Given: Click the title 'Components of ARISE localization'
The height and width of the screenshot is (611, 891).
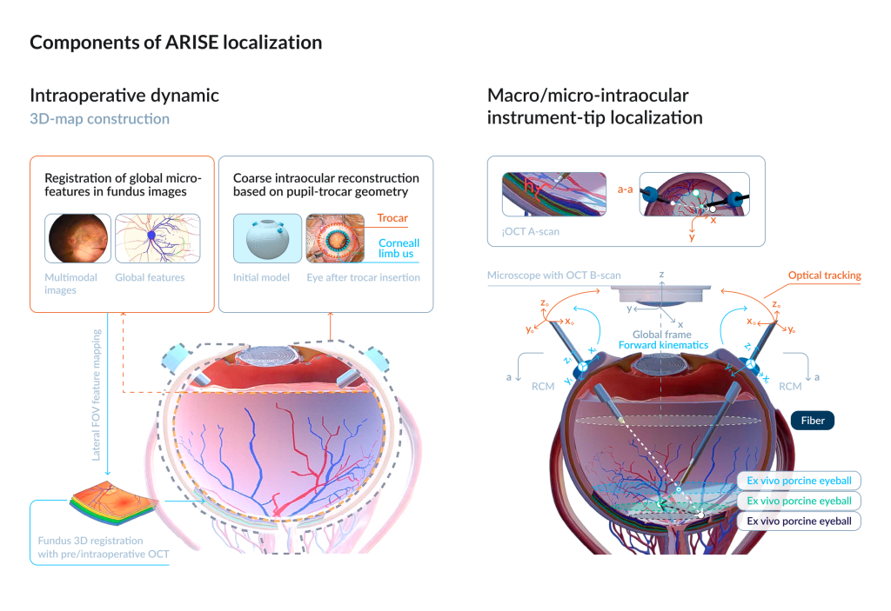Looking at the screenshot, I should click(x=176, y=43).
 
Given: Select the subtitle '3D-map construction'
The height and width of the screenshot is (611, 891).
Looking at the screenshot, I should click(x=99, y=118).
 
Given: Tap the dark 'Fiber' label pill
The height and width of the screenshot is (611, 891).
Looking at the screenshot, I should click(x=813, y=421).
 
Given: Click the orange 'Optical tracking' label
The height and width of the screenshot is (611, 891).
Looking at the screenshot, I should click(x=824, y=276).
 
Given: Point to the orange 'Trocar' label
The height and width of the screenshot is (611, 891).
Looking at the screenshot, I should click(x=392, y=219).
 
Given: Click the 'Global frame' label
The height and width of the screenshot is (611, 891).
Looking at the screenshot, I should click(x=662, y=334).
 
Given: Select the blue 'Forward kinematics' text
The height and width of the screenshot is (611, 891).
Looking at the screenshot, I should click(x=662, y=345).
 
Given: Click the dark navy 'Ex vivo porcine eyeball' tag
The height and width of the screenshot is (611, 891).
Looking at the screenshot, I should click(x=799, y=521).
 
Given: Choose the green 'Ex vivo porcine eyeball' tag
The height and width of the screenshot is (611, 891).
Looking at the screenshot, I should click(x=799, y=501).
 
